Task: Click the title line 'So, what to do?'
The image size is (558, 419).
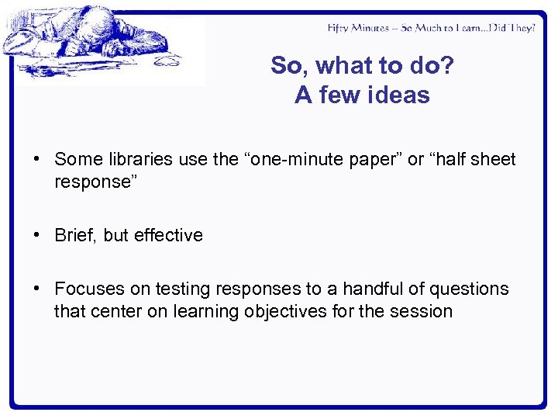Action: point(362,66)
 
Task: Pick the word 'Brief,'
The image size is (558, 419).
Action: point(76,235)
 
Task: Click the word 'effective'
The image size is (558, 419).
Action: point(168,235)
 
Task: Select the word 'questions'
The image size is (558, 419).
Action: point(468,289)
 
